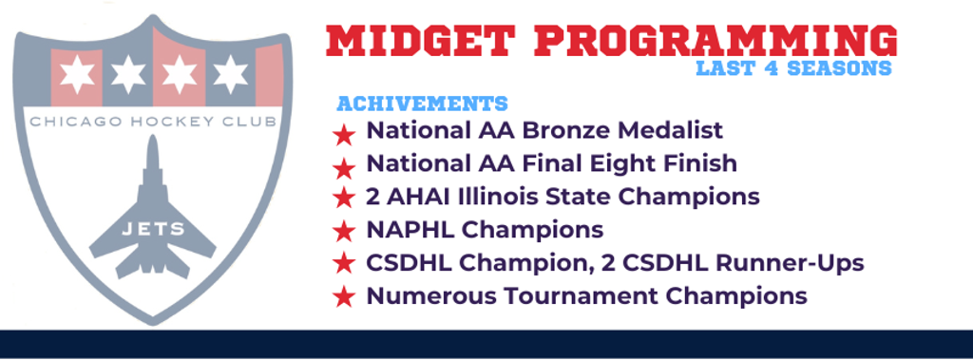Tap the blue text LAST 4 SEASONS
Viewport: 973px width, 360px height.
pos(793,68)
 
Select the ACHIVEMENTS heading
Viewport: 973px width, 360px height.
pos(423,104)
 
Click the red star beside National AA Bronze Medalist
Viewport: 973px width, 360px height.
pos(343,134)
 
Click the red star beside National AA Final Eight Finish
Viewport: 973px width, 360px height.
pos(343,167)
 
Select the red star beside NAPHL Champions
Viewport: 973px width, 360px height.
pos(343,233)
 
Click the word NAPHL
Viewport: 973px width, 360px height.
pos(410,230)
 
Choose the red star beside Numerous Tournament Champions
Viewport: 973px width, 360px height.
pos(343,298)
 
